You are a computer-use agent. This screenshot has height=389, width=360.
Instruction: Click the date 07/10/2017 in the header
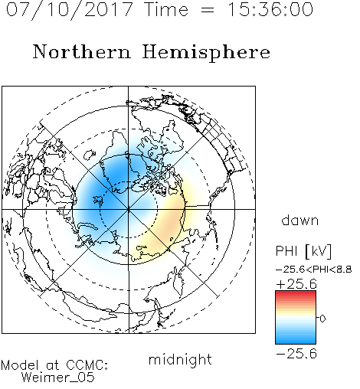coord(70,10)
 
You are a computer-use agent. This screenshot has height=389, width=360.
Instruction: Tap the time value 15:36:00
coord(270,9)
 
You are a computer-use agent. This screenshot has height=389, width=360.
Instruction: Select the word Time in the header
coord(166,9)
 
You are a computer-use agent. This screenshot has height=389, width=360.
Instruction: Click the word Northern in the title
coord(82,52)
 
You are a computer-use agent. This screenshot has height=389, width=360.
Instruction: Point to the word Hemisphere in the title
coord(206,53)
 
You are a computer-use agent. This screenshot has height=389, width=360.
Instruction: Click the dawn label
coord(300,220)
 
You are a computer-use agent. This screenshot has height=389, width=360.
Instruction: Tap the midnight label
coord(180,359)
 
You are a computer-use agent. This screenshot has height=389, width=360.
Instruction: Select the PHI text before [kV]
coord(286,251)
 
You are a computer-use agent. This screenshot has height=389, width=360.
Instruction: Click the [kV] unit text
coord(319,251)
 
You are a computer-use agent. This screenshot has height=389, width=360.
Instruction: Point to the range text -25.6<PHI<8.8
coord(314,270)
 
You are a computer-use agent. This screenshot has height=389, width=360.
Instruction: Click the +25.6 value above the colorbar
coord(296,284)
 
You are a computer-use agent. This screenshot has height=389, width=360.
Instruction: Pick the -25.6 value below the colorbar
coord(296,354)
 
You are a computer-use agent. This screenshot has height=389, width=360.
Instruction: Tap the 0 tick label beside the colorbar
coord(322,319)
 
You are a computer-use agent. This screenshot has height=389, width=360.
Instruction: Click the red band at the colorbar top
coord(296,293)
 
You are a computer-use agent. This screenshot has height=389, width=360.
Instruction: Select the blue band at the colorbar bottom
coord(296,340)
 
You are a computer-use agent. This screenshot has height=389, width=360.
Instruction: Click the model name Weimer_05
coord(58,378)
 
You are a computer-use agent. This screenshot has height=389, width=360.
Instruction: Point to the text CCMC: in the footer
coord(87,365)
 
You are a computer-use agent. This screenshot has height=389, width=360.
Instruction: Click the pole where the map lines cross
coord(129,209)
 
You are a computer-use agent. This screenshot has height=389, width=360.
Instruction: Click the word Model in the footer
coord(20,365)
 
